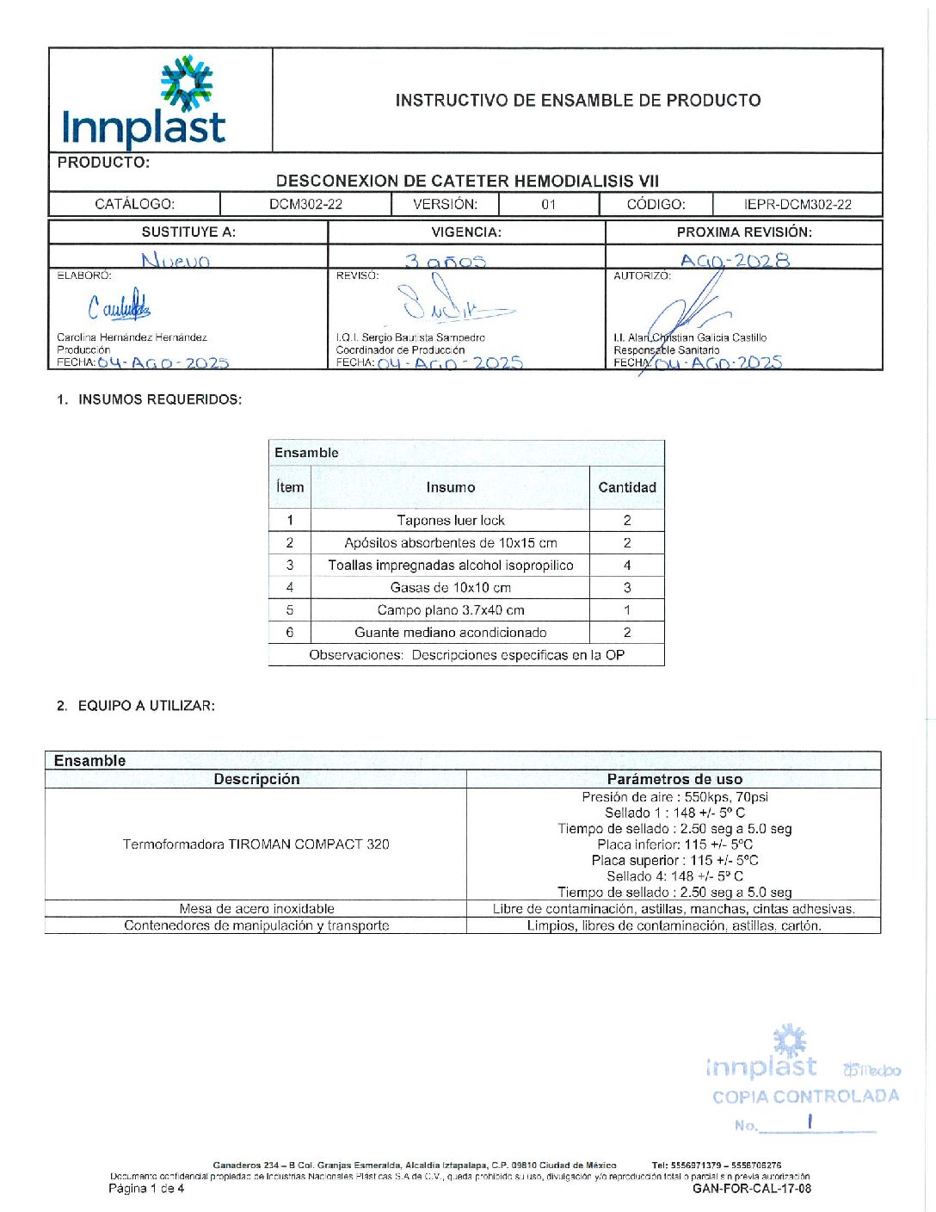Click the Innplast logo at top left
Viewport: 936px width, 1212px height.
[x=145, y=102]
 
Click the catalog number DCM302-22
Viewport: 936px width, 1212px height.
[x=305, y=205]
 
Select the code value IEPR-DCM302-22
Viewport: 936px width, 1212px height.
[x=797, y=205]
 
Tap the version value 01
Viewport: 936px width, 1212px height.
[x=548, y=205]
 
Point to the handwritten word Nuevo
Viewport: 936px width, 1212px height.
[x=175, y=260]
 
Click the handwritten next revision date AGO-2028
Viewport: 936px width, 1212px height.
[x=735, y=260]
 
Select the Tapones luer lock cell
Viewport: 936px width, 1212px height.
[x=450, y=520]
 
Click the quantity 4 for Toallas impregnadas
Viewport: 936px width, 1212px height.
[x=626, y=565]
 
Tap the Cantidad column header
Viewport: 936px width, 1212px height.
[x=626, y=487]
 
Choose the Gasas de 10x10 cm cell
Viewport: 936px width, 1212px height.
[x=450, y=587]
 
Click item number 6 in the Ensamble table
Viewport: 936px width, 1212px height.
[x=290, y=632]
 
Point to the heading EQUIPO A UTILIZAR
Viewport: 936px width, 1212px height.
[x=146, y=706]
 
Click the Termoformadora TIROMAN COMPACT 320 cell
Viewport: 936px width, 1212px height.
[x=256, y=844]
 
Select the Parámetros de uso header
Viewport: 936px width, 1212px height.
[x=674, y=779]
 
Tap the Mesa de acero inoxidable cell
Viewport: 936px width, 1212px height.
[x=256, y=909]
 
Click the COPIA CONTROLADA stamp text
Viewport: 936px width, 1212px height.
[x=805, y=1097]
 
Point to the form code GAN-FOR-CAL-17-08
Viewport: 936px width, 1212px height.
[x=751, y=1189]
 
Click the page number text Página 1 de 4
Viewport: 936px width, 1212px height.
[x=146, y=1189]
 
